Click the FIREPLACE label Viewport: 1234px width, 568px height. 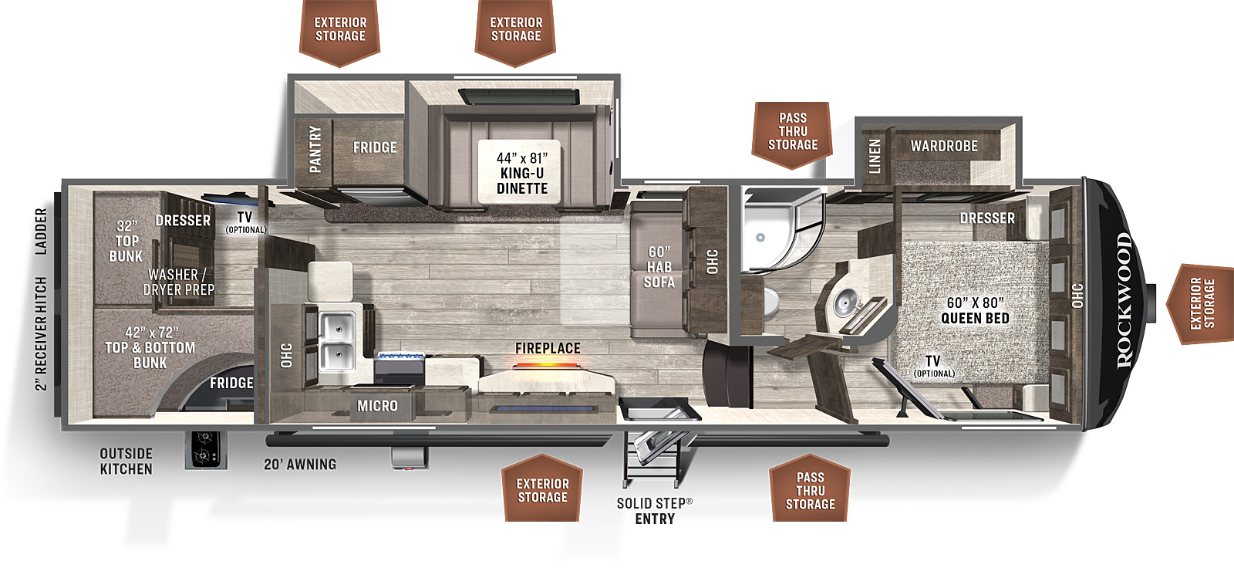click(x=548, y=349)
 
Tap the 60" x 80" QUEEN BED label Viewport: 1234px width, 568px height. click(x=975, y=310)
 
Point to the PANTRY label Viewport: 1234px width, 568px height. click(x=315, y=150)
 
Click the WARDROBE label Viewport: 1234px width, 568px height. click(x=944, y=146)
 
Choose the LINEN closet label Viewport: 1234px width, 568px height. click(x=875, y=156)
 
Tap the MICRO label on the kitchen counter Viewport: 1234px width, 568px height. click(x=377, y=407)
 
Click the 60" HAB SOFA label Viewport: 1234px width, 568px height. click(x=659, y=267)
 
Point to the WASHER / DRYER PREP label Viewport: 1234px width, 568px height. click(x=178, y=282)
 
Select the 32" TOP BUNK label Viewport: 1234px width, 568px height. click(x=126, y=242)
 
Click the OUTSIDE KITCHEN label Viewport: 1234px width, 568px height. click(x=126, y=461)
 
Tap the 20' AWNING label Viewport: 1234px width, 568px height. click(x=300, y=465)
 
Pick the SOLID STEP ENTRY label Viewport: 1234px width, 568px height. click(x=655, y=511)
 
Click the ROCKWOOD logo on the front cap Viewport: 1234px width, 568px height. click(x=1124, y=300)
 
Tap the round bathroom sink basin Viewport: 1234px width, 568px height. click(x=844, y=303)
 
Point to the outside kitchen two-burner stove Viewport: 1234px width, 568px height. click(x=205, y=449)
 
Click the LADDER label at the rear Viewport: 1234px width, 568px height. click(x=42, y=232)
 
